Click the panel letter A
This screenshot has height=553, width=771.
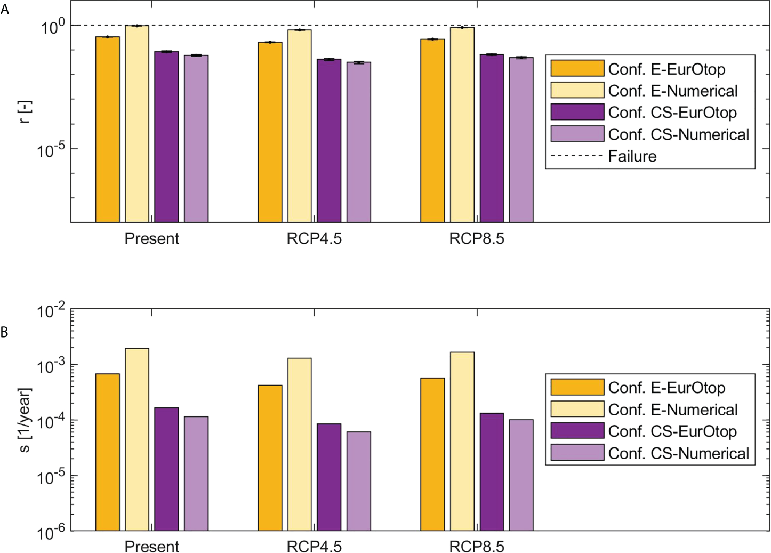tap(5, 10)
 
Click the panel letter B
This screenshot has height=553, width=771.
tap(4, 332)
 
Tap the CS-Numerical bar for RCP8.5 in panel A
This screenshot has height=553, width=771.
tap(521, 139)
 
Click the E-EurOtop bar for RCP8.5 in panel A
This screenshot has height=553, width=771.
tap(432, 131)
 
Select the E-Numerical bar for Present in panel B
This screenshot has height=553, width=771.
tap(137, 439)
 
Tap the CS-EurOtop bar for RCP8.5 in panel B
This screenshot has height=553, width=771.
tap(492, 471)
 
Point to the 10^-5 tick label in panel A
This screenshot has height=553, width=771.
tap(51, 150)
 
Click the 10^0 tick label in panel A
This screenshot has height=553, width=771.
tap(53, 26)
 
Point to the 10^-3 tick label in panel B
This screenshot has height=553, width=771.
tap(51, 366)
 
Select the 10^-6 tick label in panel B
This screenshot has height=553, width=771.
tap(51, 532)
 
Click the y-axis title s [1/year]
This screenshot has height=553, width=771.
tap(25, 420)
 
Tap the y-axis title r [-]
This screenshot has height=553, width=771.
tap(25, 112)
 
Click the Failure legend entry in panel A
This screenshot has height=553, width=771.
tap(632, 156)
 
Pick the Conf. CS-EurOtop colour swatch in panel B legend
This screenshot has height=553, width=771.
tap(577, 431)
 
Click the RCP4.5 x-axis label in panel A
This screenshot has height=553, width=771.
tap(314, 238)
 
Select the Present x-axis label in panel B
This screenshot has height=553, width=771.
tap(151, 546)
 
